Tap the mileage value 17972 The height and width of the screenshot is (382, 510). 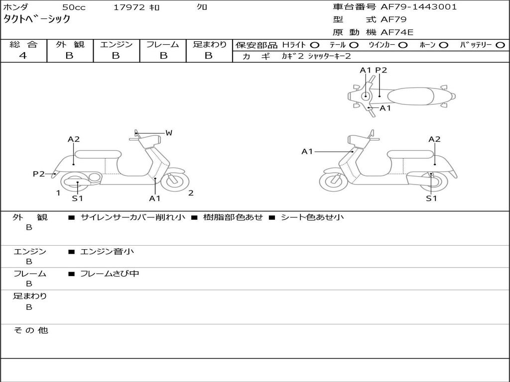click(x=129, y=7)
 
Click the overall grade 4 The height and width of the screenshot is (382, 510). click(x=23, y=56)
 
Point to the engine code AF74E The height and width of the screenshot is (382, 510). click(x=397, y=32)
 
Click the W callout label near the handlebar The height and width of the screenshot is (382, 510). click(x=169, y=133)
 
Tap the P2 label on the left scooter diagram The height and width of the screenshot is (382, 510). click(x=38, y=174)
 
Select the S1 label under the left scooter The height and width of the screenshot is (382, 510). click(x=77, y=198)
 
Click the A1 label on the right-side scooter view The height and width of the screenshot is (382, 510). click(x=307, y=151)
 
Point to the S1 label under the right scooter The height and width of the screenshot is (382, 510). click(x=431, y=198)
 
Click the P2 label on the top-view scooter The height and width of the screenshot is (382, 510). click(x=381, y=70)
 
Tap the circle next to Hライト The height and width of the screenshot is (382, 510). click(x=315, y=45)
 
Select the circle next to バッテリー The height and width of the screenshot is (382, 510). click(x=500, y=45)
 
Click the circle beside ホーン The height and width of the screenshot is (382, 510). click(x=443, y=45)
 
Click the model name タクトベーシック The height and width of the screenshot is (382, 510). click(x=37, y=19)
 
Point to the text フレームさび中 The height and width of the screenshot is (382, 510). click(x=110, y=274)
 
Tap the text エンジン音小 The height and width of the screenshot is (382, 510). click(x=107, y=252)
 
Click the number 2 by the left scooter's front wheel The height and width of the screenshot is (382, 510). click(x=191, y=193)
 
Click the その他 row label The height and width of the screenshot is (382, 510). click(x=30, y=330)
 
